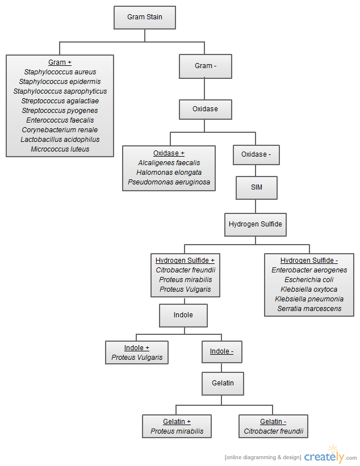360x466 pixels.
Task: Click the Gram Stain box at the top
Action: (145, 18)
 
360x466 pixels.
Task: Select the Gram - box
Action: (206, 66)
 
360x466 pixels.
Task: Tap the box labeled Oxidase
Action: (206, 110)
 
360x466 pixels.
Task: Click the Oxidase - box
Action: (256, 155)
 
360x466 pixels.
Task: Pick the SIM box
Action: (257, 188)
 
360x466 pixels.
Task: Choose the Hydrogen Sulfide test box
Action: (256, 225)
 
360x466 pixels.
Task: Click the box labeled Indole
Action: (183, 316)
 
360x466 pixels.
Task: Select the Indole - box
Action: (222, 352)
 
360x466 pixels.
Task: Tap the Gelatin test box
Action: (223, 383)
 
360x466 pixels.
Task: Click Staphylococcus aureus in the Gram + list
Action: (60, 72)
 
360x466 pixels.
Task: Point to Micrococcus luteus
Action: (60, 149)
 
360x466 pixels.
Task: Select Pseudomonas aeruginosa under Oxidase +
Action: (169, 182)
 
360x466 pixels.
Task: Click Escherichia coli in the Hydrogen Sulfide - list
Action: (309, 280)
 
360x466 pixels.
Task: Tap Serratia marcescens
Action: (309, 308)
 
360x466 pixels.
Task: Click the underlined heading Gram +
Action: (60, 62)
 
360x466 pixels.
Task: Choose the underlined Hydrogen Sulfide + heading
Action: (185, 261)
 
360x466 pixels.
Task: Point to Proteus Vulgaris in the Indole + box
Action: (137, 357)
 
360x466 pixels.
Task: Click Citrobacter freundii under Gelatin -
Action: (274, 431)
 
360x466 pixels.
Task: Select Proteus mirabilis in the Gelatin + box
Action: (177, 431)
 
